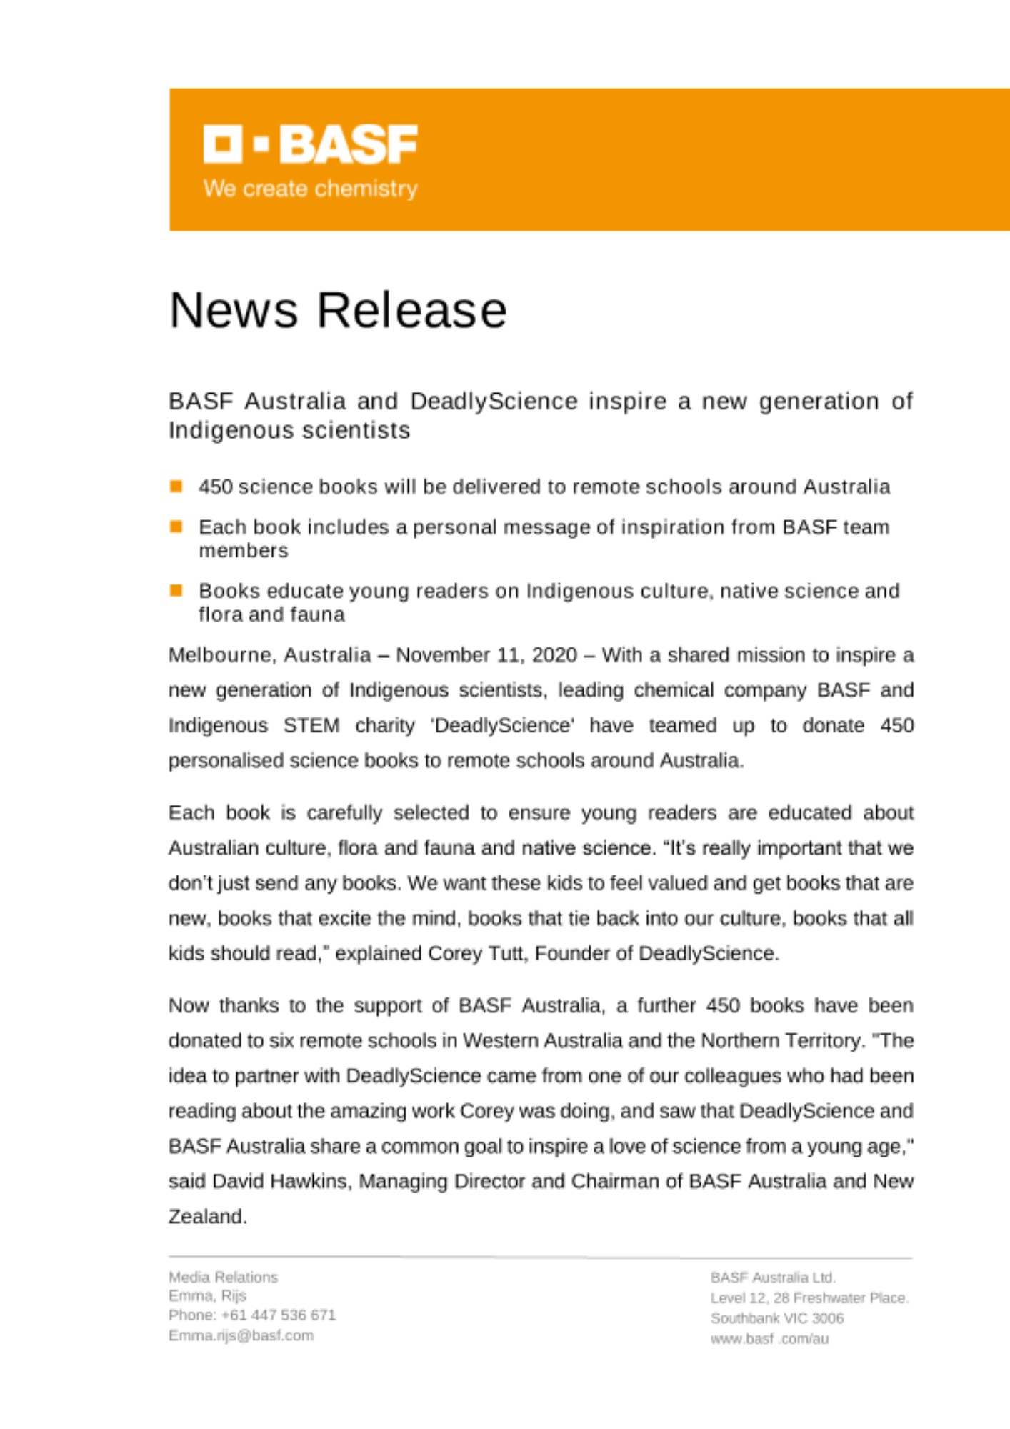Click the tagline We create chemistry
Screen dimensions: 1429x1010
click(x=310, y=189)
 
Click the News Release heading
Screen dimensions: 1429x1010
click(x=338, y=310)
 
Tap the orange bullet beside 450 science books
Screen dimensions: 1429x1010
click(x=176, y=487)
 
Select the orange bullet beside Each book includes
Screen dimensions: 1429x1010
click(x=176, y=527)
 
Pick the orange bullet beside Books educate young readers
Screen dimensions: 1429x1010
click(x=176, y=590)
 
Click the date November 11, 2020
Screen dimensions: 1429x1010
click(x=486, y=655)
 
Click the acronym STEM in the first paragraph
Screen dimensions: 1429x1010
click(x=311, y=725)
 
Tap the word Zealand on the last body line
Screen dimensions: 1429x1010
click(x=207, y=1216)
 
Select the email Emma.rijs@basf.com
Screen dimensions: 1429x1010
click(x=241, y=1335)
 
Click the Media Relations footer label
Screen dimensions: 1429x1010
click(x=223, y=1277)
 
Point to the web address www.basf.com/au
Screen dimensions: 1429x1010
click(x=769, y=1339)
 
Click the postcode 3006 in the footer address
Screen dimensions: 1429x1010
click(x=828, y=1318)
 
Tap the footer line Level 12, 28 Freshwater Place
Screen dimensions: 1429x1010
click(x=809, y=1298)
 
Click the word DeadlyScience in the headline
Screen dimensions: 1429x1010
click(x=494, y=402)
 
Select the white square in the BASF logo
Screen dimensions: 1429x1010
click(x=223, y=144)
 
